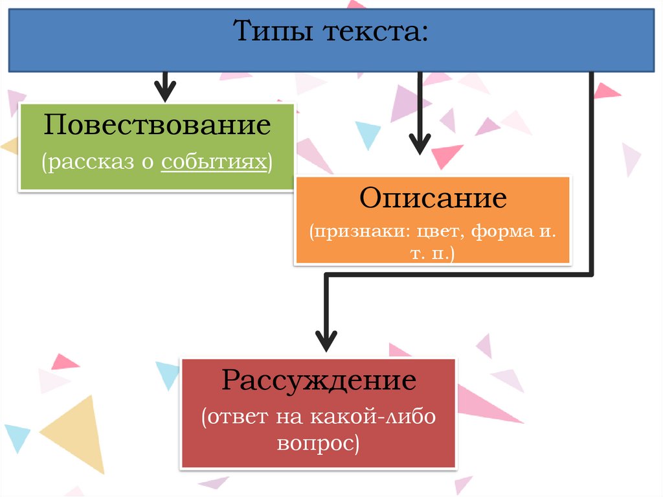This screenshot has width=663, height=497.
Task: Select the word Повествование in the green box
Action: (x=157, y=124)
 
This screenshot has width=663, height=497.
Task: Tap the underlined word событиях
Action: (x=214, y=161)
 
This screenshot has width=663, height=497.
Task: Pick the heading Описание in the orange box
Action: (x=433, y=198)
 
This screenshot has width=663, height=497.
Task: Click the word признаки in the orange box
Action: (x=354, y=231)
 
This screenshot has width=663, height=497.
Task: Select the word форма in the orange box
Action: (x=501, y=231)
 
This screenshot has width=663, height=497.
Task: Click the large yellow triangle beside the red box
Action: (x=81, y=431)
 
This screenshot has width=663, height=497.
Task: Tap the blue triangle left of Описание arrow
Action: (x=368, y=133)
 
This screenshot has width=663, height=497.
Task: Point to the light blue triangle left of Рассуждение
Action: (x=168, y=374)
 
